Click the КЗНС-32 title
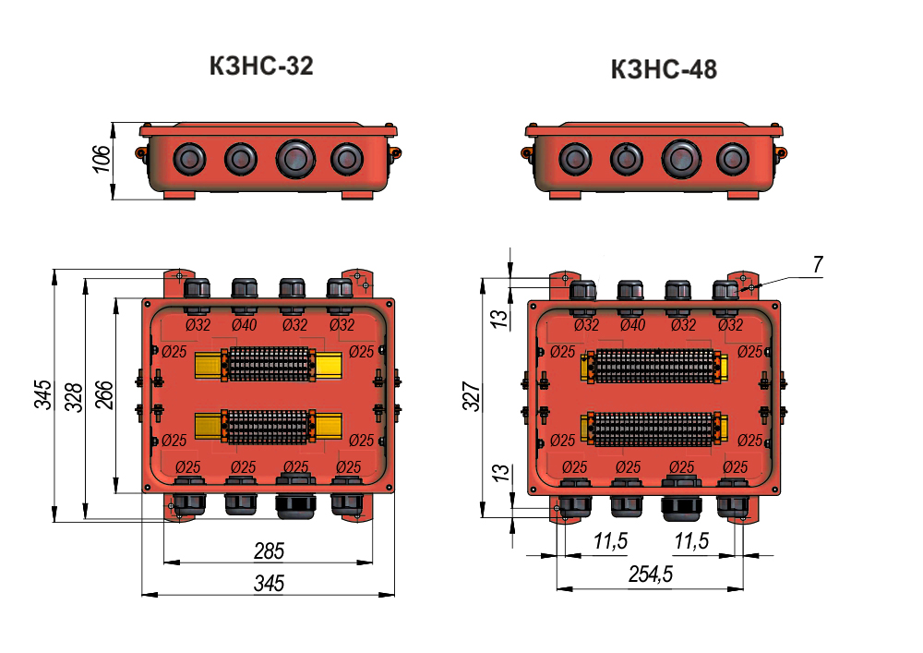pyautogui.click(x=261, y=66)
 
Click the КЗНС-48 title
pyautogui.click(x=664, y=69)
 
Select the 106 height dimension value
pyautogui.click(x=102, y=159)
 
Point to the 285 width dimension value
pyautogui.click(x=269, y=551)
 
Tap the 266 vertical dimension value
pyautogui.click(x=104, y=395)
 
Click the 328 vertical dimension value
pyautogui.click(x=74, y=397)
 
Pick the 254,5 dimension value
pyautogui.click(x=650, y=574)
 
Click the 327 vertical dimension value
pyautogui.click(x=472, y=396)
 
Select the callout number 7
pyautogui.click(x=818, y=264)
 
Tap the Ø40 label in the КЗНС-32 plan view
pyautogui.click(x=245, y=324)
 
